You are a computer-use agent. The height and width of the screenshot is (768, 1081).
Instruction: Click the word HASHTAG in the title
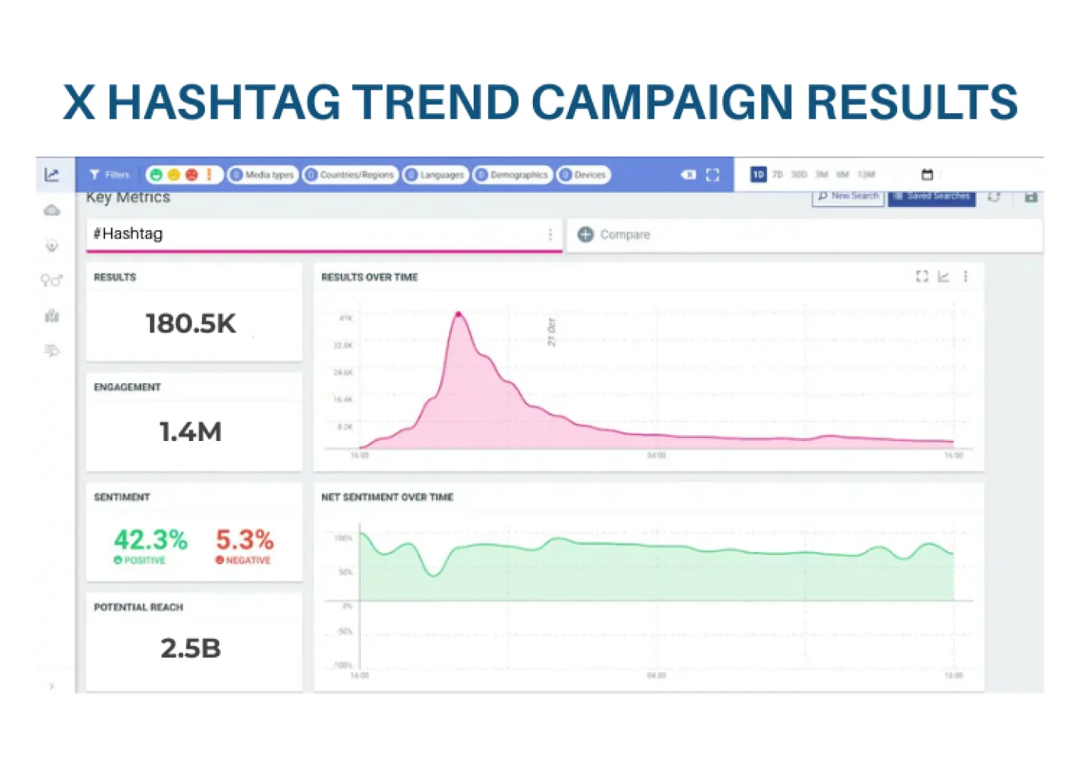point(224,102)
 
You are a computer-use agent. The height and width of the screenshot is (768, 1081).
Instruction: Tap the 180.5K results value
point(191,324)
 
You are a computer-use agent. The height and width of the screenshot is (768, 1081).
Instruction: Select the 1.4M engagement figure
point(191,432)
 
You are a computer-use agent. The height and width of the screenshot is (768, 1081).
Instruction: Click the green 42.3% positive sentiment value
point(150,539)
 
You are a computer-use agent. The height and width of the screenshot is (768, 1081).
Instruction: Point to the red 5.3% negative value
point(245,539)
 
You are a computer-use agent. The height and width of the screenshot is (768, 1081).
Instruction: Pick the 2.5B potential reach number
point(191,649)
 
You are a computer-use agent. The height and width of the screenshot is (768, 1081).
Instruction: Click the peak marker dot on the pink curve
point(459,314)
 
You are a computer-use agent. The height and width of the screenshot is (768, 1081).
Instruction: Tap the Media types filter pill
point(263,175)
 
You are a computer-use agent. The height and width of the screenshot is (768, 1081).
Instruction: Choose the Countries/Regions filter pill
point(350,175)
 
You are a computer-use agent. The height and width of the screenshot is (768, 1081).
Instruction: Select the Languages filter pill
point(435,175)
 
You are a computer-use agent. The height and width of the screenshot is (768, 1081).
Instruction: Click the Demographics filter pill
point(513,175)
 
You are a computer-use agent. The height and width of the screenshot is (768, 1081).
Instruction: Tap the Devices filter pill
point(583,175)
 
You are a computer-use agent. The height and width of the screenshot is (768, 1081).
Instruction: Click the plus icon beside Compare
point(586,235)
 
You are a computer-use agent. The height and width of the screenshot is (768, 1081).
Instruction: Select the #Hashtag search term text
point(128,234)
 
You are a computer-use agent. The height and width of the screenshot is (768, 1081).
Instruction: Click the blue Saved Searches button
point(932,196)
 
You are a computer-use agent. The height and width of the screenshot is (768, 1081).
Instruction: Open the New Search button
point(848,196)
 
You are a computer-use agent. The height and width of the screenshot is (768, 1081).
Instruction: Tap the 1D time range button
point(758,175)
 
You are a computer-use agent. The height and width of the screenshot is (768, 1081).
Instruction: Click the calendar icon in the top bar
point(927,175)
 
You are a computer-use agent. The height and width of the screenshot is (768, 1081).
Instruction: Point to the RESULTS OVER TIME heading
point(369,277)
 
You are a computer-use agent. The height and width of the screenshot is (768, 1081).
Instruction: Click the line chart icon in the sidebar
point(52,175)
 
